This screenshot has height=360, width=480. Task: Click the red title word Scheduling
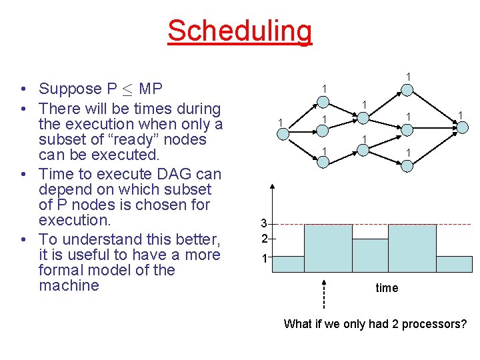(x=239, y=31)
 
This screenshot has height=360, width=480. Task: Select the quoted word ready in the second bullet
(x=150, y=140)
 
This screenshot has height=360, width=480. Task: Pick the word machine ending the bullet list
(x=69, y=286)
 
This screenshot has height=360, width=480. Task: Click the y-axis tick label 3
(x=264, y=223)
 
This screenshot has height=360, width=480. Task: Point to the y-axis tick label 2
(x=264, y=239)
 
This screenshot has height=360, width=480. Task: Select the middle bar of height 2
(x=370, y=256)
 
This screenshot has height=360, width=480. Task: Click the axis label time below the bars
(x=387, y=288)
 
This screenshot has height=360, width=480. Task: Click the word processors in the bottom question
(x=435, y=325)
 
